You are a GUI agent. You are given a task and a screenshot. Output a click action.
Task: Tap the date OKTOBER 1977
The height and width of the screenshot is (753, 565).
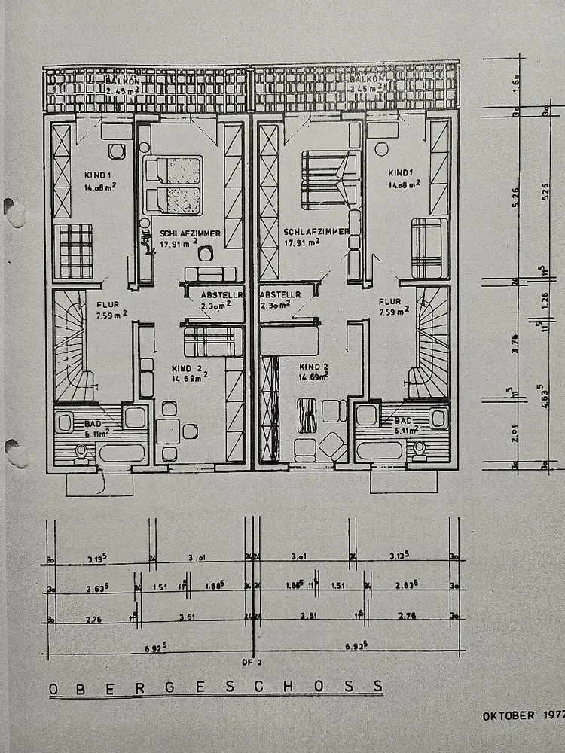(523, 715)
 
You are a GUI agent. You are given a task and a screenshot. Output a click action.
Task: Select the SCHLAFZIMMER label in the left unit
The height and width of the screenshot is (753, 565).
(190, 233)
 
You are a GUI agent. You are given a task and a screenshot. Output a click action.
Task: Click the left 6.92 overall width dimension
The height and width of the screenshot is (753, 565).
(151, 646)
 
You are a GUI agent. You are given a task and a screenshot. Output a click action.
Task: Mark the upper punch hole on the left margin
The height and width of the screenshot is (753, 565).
(13, 212)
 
